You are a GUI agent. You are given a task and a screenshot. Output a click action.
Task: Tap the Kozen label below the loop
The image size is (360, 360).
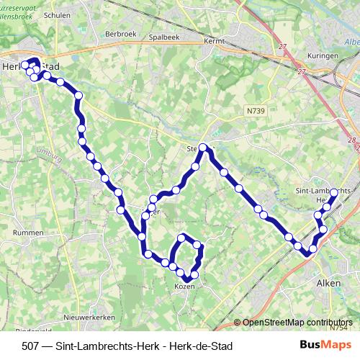[185, 287]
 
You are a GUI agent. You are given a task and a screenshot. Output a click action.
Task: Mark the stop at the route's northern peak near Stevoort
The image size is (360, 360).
[203, 148]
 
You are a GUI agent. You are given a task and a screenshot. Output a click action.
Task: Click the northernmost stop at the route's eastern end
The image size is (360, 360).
[334, 192]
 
